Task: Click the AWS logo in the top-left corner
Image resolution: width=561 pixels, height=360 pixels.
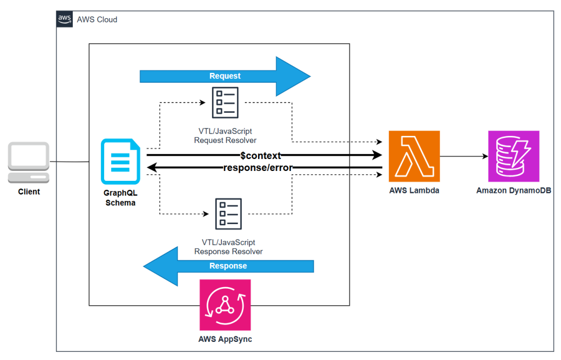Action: pos(65,19)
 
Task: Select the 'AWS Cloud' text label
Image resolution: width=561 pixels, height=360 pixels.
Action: pos(97,19)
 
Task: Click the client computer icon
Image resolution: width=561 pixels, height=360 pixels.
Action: pos(28,163)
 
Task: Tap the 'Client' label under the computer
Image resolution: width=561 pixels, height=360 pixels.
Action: pos(28,192)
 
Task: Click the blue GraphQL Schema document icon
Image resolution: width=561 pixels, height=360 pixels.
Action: pos(121,161)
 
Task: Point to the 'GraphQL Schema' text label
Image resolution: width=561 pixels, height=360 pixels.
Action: pos(121,198)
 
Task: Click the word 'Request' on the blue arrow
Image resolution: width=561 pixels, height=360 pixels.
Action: pos(225,76)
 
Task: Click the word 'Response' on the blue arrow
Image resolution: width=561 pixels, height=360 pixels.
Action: pos(228,266)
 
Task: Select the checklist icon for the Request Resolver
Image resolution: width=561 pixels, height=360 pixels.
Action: pos(225,102)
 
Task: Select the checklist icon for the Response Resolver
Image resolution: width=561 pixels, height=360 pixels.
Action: pos(228,214)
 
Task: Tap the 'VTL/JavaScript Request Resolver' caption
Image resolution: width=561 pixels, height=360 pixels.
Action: pos(225,136)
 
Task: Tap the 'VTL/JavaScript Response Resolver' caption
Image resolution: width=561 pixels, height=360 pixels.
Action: pos(228,247)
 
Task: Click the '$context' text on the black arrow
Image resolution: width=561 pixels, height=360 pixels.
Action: pos(261,156)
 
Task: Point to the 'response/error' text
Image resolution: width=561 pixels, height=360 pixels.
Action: pos(258,168)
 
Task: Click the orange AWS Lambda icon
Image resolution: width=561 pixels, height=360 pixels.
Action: pos(414,156)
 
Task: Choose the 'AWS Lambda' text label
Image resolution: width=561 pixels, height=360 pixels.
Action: pos(414,191)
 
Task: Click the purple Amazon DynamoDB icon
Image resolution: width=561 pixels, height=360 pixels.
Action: pos(514,156)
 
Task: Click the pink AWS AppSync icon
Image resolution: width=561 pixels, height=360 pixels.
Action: pos(225,305)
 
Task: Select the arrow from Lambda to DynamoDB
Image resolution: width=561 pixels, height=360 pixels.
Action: pos(463,156)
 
